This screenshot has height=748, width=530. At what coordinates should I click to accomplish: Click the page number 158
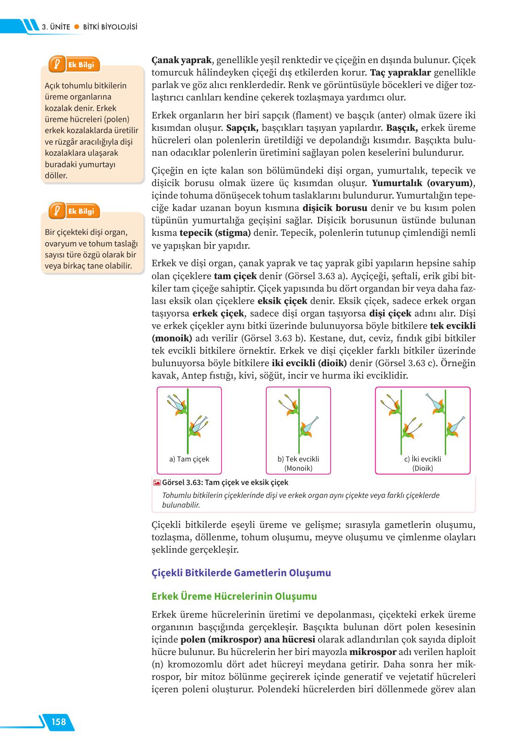(x=59, y=721)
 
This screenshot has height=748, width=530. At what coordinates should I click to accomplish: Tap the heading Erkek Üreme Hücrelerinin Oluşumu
(x=234, y=596)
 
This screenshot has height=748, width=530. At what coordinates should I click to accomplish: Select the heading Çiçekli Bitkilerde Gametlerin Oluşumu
(x=241, y=573)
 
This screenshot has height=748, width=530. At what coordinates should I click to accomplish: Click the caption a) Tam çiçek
(x=189, y=459)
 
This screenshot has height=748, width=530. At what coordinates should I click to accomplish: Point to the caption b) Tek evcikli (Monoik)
(x=298, y=463)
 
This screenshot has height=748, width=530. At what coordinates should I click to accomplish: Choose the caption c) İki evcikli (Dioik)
(x=423, y=463)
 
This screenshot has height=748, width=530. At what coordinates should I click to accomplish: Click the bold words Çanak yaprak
(x=181, y=60)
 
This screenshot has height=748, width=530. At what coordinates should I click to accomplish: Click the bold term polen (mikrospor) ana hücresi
(x=248, y=640)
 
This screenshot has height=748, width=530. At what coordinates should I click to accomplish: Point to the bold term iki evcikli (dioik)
(x=309, y=363)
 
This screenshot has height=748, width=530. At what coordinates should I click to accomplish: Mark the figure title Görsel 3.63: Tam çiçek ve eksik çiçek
(x=225, y=483)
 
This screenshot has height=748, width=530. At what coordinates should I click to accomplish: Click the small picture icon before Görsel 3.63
(x=157, y=483)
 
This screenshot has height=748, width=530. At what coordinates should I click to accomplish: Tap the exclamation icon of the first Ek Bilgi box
(x=57, y=64)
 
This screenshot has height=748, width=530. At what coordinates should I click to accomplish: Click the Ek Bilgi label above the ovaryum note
(x=81, y=211)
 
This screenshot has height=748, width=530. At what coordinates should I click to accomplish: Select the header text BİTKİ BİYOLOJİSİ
(x=110, y=27)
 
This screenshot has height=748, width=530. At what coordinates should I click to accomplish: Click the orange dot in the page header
(x=77, y=27)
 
